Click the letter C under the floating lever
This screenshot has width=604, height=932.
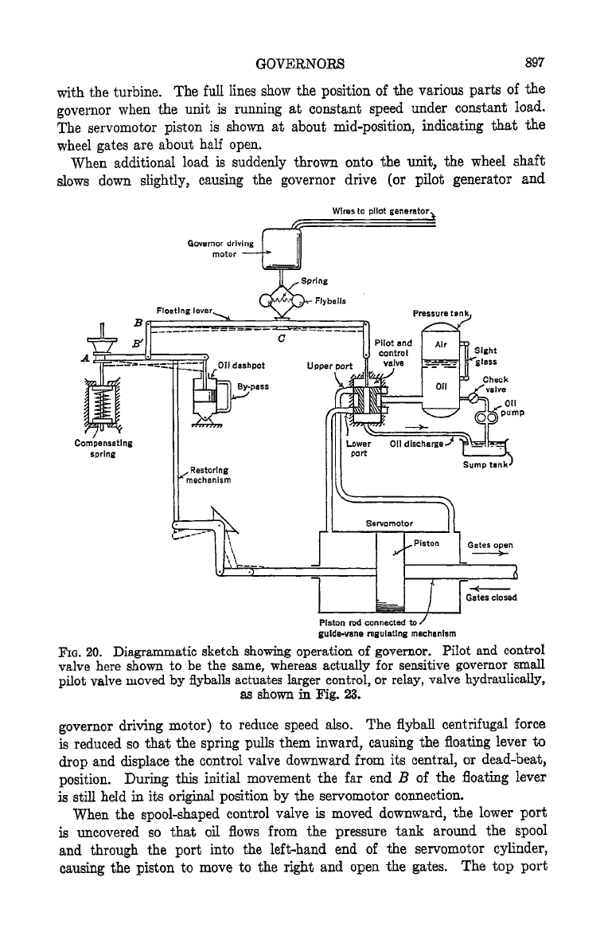(282, 339)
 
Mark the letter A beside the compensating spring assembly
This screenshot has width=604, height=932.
(84, 358)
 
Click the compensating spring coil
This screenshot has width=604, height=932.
(102, 404)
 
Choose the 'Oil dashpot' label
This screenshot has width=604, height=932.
(241, 365)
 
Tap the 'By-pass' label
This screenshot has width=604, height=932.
(253, 386)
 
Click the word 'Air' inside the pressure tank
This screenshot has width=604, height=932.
(441, 344)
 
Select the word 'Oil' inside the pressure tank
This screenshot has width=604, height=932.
(442, 386)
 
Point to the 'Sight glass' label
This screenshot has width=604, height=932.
(485, 356)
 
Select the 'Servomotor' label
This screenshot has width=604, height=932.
(389, 523)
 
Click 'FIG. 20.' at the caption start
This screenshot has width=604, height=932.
(80, 650)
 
